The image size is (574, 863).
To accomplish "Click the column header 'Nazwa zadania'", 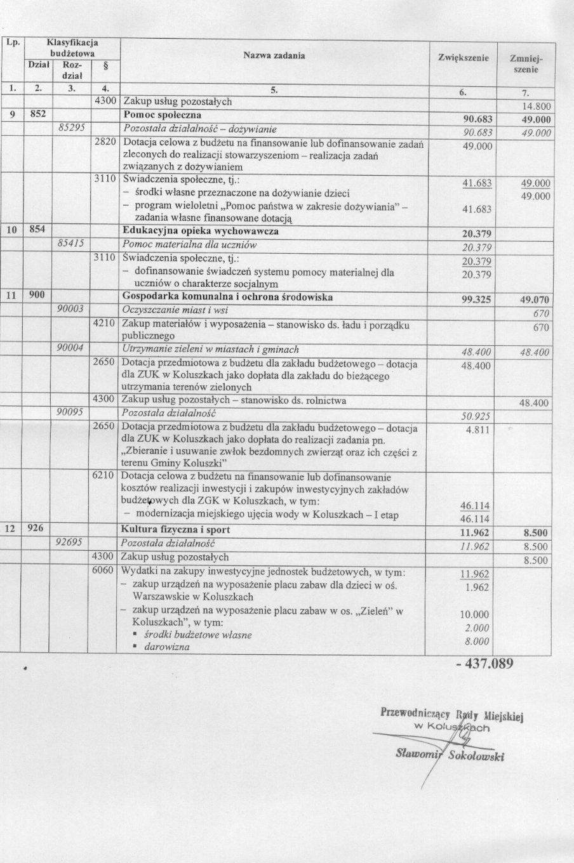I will pyautogui.click(x=274, y=56).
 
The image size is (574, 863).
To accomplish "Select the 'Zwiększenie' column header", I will pyautogui.click(x=463, y=58).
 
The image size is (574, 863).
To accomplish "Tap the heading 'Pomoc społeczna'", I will pyautogui.click(x=162, y=115).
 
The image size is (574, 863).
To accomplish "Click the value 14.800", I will pyautogui.click(x=536, y=107).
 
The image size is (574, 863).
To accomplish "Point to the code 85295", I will pyautogui.click(x=72, y=128).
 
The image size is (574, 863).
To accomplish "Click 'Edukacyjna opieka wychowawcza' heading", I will pyautogui.click(x=200, y=231).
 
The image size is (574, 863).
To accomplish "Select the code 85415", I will pyautogui.click(x=72, y=244).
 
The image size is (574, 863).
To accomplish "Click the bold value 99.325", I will pyautogui.click(x=476, y=300).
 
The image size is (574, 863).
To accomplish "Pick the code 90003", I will pyautogui.click(x=71, y=310).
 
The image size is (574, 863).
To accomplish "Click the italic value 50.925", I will pyautogui.click(x=476, y=416).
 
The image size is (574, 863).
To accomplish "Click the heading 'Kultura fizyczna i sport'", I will pyautogui.click(x=175, y=529).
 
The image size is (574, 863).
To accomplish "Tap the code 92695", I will pyautogui.click(x=71, y=543).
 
